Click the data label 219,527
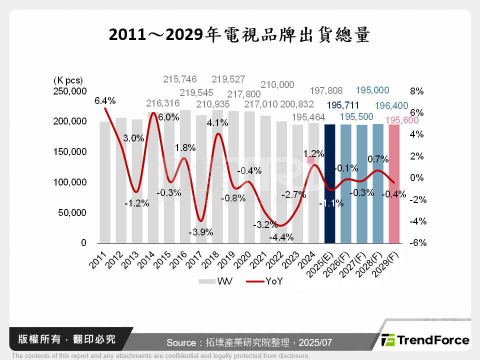[x=228, y=79]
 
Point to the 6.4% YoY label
[x=105, y=100]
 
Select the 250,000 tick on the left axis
[x=70, y=91]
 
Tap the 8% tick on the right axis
[x=416, y=91]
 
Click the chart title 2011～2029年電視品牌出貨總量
[x=239, y=34]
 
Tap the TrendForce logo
[x=425, y=340]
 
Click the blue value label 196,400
[x=391, y=105]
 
